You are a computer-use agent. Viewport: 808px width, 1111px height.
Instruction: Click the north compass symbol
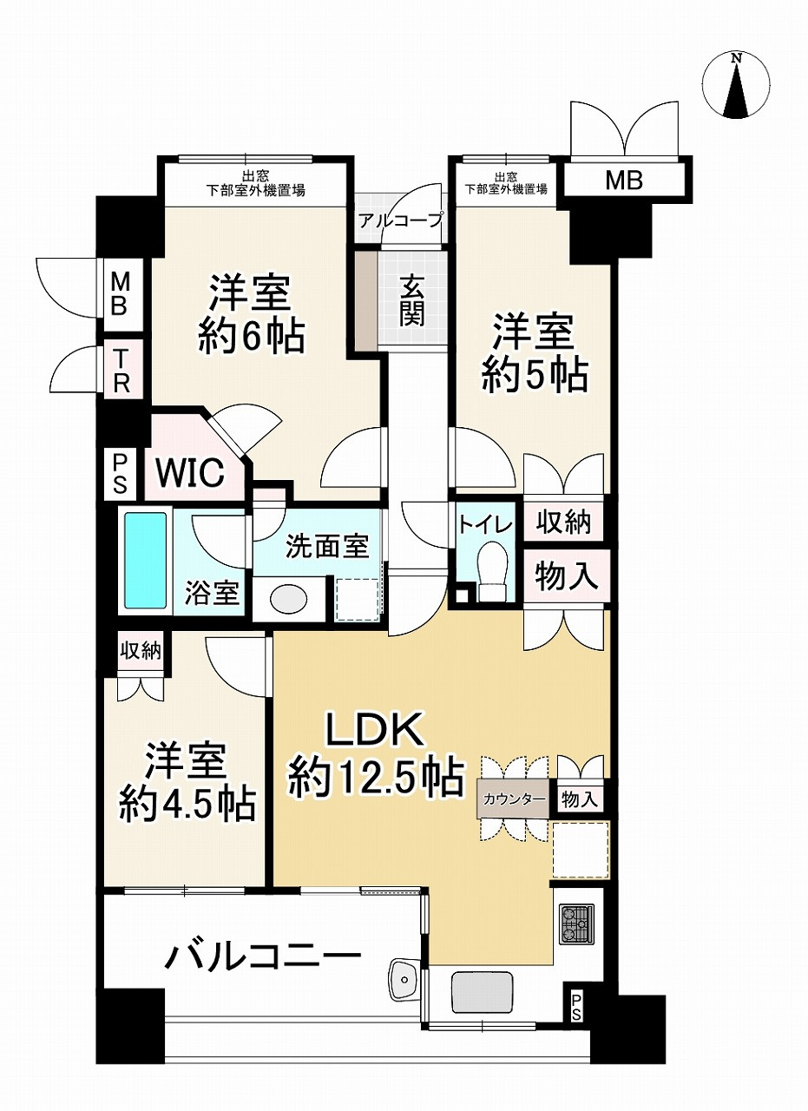pyautogui.click(x=737, y=85)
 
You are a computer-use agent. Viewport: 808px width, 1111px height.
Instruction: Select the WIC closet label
pyautogui.click(x=190, y=473)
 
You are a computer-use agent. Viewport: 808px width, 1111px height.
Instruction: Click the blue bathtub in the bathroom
pyautogui.click(x=146, y=559)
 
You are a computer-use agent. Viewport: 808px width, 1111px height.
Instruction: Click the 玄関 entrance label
pyautogui.click(x=412, y=299)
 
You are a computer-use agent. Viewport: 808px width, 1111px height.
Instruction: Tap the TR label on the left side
pyautogui.click(x=119, y=371)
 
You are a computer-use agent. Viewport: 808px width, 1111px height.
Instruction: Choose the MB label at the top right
pyautogui.click(x=624, y=181)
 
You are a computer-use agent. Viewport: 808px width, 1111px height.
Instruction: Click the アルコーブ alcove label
pyautogui.click(x=400, y=220)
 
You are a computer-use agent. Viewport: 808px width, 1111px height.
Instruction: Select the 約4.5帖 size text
pyautogui.click(x=187, y=804)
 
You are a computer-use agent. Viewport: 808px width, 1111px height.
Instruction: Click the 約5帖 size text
pyautogui.click(x=535, y=376)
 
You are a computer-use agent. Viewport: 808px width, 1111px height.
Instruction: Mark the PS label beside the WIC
pyautogui.click(x=119, y=473)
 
